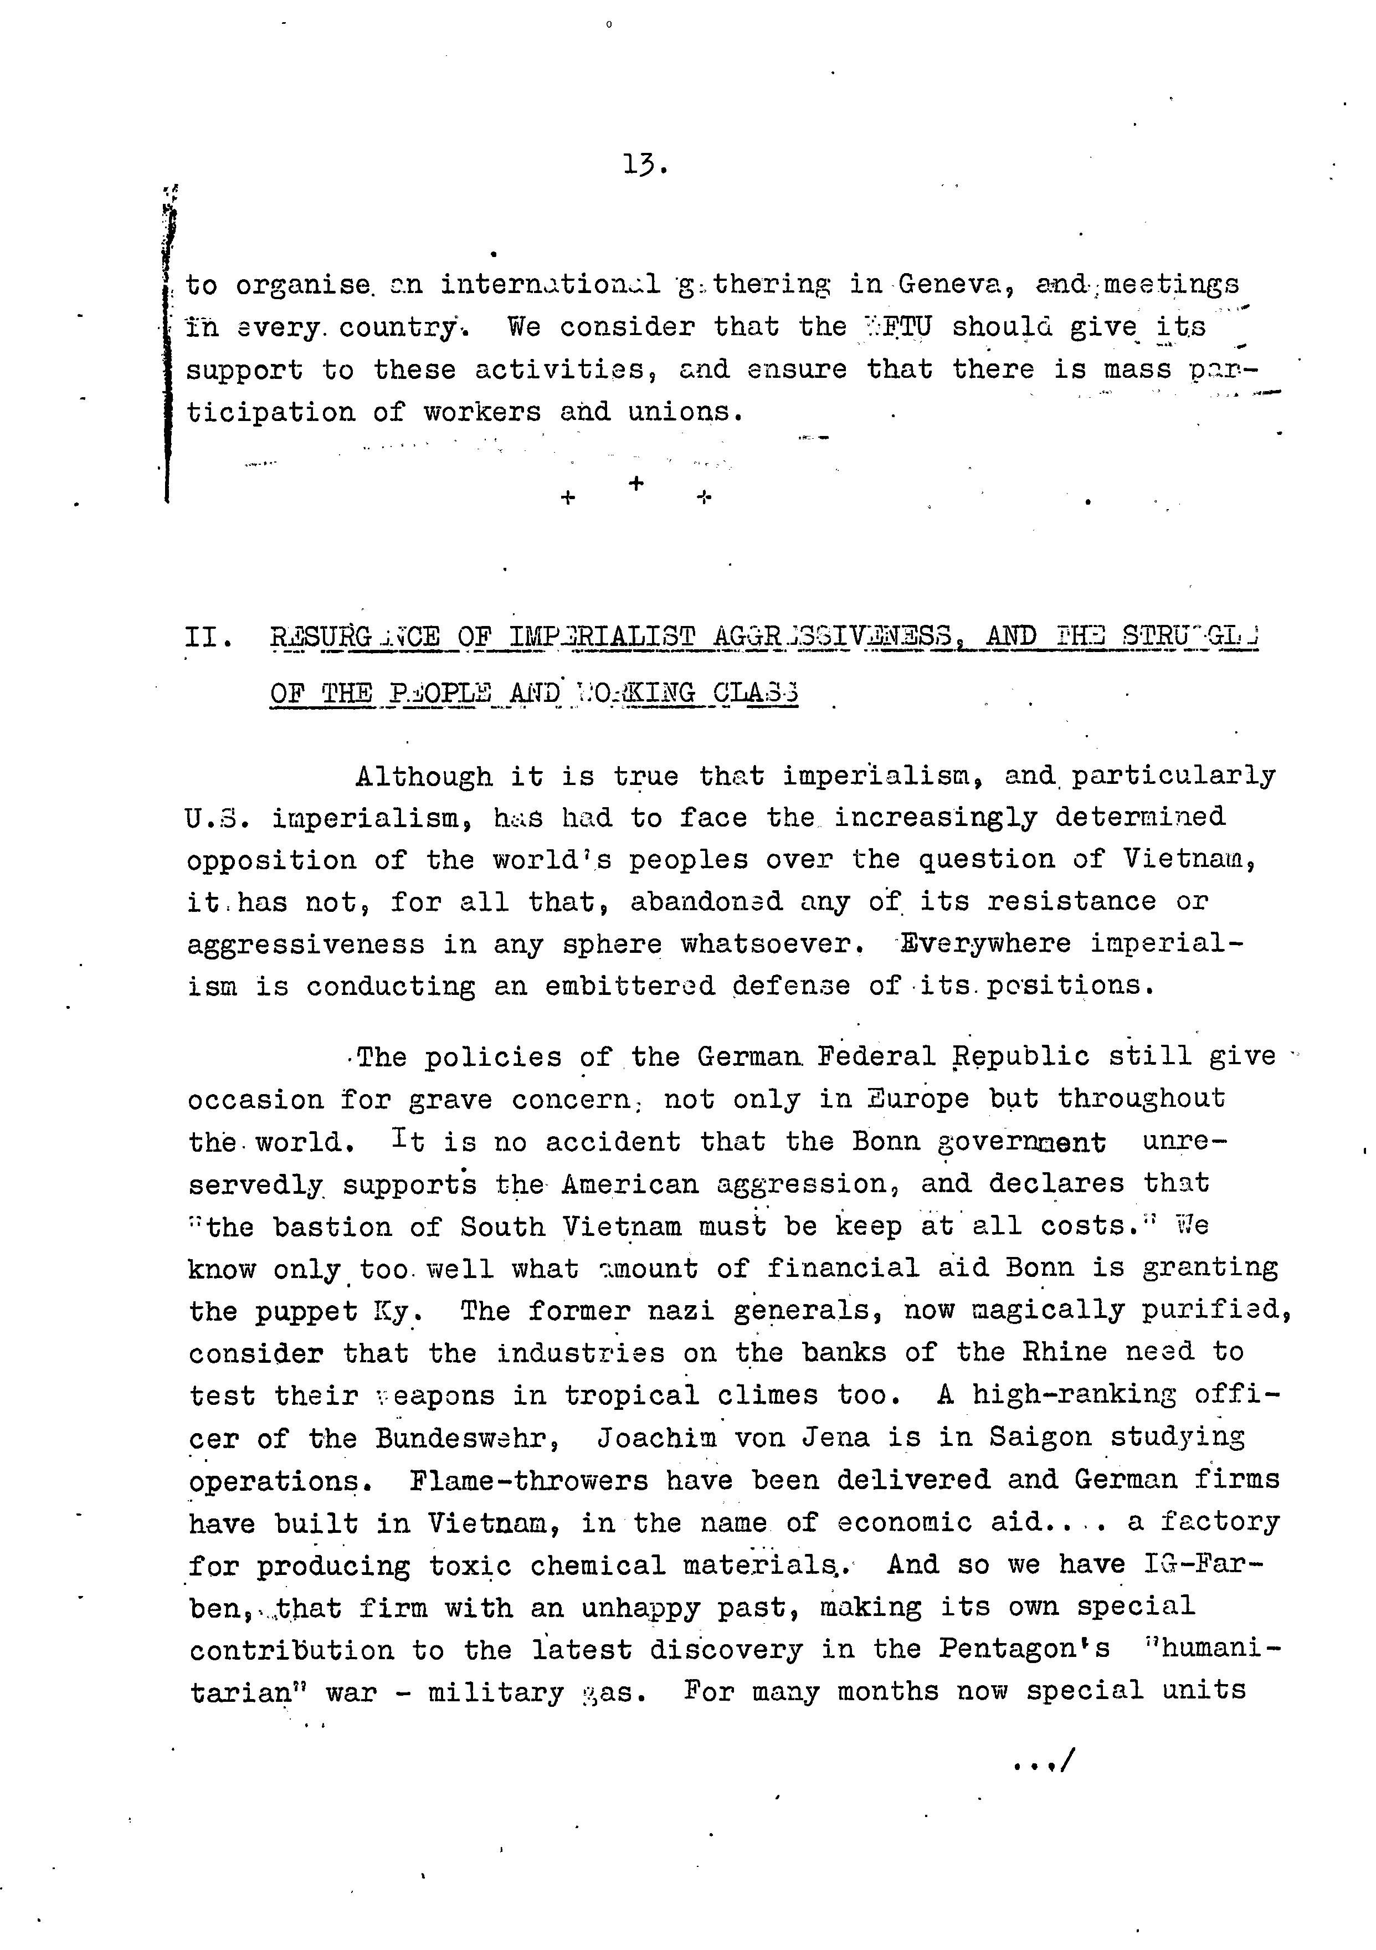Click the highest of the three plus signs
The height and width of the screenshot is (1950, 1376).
coord(636,483)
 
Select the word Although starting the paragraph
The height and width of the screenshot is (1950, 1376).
coord(424,776)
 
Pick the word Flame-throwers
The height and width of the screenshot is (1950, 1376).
coord(528,1480)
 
